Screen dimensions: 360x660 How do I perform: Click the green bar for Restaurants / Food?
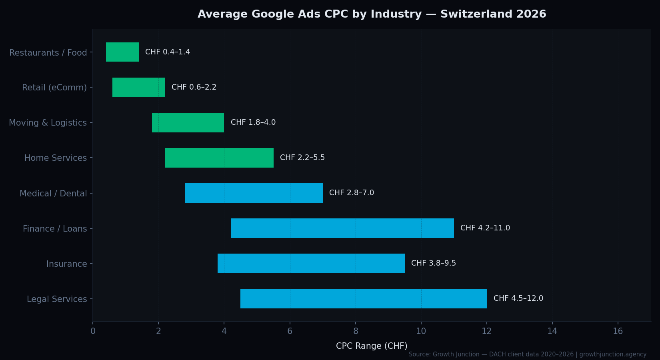122,52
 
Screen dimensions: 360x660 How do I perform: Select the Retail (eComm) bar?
139,87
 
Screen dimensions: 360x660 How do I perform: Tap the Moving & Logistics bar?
188,122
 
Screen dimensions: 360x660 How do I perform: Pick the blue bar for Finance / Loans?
342,228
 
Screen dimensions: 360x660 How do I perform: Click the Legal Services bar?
364,299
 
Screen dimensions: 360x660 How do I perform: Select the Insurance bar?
311,263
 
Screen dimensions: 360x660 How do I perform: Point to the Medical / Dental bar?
254,193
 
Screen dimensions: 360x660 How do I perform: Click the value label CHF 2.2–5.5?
302,158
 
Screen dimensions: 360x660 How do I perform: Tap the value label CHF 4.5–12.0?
518,298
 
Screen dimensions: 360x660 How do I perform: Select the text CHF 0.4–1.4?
168,52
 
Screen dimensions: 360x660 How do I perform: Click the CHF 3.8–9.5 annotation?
434,263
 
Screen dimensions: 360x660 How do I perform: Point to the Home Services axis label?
56,158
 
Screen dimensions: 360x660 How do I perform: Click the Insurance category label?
66,264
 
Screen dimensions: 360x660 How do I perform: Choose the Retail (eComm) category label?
54,88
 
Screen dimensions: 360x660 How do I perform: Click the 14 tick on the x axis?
552,331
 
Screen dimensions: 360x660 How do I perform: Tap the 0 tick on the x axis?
93,331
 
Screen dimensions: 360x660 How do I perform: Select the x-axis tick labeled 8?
355,331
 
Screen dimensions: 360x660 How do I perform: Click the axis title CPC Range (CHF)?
372,346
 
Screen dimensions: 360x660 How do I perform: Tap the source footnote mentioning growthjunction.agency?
527,354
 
